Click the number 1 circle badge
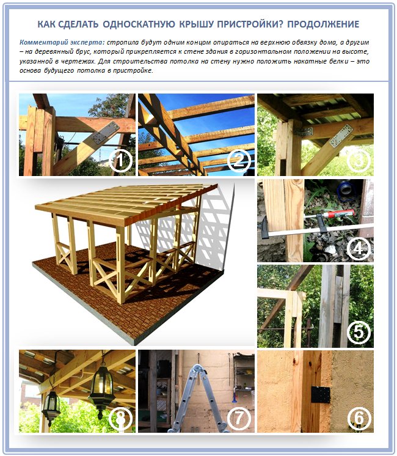120,161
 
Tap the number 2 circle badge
239,161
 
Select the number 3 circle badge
359,161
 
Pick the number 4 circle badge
359,248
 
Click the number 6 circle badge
359,418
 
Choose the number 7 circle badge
239,418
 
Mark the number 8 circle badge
120,418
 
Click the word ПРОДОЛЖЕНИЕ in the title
324,24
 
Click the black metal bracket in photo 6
321,395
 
